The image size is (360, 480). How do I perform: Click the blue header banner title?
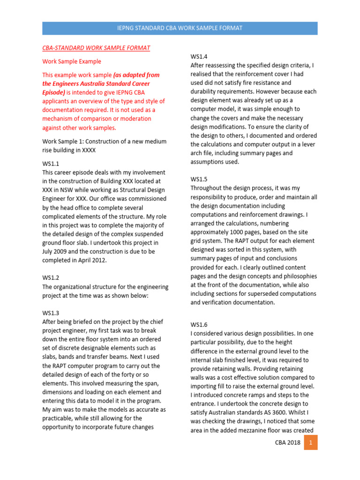pos(180,28)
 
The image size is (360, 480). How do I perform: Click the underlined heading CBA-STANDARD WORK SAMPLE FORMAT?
pos(96,48)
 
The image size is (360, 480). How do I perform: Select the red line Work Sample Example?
pos(72,61)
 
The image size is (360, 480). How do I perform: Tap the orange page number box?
pos(310,442)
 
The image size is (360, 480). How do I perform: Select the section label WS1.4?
pos(199,56)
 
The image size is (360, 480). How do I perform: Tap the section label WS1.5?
pos(199,179)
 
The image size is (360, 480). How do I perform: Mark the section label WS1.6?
pos(199,324)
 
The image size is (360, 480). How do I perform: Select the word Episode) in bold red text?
pos(55,92)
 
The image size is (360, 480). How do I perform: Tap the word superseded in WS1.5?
pos(259,293)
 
